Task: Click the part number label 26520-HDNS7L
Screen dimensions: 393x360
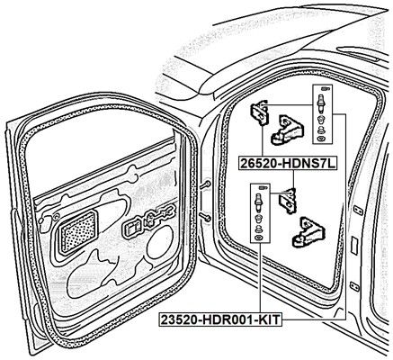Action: pos(288,163)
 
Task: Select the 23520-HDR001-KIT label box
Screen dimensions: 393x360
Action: pos(220,319)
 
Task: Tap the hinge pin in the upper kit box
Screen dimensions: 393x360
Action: pos(322,103)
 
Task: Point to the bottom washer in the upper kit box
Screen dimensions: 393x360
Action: pos(322,139)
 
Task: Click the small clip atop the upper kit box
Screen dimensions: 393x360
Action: pos(325,88)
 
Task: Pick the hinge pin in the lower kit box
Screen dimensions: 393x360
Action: pos(257,202)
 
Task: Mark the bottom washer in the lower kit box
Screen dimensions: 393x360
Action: pos(257,238)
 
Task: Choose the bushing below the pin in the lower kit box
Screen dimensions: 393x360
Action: pos(257,219)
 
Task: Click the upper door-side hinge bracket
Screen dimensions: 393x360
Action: pos(259,113)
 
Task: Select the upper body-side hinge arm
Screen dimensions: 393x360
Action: pos(287,130)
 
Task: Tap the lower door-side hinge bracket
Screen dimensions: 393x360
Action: pos(287,201)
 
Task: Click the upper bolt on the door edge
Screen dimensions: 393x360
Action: pos(205,185)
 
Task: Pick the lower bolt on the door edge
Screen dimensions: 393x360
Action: pos(206,217)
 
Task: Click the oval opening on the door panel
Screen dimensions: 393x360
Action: pos(160,243)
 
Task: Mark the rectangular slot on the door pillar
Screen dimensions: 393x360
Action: pos(354,246)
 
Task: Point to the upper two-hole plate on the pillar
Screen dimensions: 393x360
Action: pos(358,211)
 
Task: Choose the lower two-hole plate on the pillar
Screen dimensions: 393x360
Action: pos(354,286)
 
